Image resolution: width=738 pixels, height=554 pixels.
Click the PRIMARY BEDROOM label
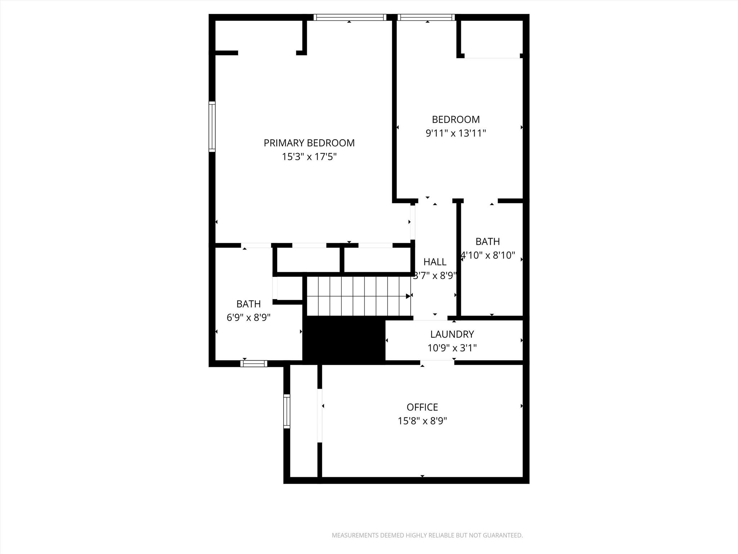(309, 143)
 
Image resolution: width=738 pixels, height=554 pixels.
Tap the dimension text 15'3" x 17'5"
(309, 157)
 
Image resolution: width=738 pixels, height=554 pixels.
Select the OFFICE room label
(422, 407)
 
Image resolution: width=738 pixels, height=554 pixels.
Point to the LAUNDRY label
(452, 334)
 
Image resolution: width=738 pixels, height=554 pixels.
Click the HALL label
(435, 262)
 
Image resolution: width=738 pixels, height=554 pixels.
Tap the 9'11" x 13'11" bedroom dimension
(456, 133)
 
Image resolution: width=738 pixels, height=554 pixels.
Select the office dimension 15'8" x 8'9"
(422, 421)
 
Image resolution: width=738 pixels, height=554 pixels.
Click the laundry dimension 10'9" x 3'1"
(452, 348)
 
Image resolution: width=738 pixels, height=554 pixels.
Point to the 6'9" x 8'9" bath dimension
(249, 318)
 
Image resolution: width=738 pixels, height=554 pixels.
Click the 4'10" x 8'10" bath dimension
(488, 255)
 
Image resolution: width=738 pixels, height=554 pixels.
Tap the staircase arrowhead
(408, 296)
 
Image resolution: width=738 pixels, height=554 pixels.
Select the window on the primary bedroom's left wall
(212, 126)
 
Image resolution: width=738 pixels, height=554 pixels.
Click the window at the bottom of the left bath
(254, 364)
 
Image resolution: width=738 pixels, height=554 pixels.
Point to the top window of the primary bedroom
(350, 17)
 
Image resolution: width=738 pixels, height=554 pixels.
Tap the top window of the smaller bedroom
(426, 17)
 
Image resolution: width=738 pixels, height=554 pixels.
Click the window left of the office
(287, 411)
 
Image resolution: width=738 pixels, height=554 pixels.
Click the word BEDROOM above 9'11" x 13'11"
(456, 119)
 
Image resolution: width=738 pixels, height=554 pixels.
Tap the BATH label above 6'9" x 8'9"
(249, 304)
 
